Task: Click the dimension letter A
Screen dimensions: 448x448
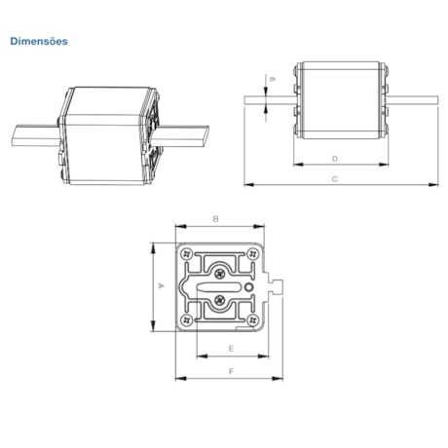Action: (x=160, y=286)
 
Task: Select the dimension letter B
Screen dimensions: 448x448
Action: (x=216, y=218)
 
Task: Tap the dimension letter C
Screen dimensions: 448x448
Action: (x=334, y=179)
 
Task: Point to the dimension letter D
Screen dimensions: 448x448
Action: (x=334, y=157)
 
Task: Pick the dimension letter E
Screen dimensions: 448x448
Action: (x=230, y=347)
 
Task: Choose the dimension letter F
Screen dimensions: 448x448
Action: (x=230, y=371)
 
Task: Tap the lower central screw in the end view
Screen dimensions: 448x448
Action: (x=222, y=301)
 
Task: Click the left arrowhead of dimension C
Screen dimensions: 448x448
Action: (x=245, y=182)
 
